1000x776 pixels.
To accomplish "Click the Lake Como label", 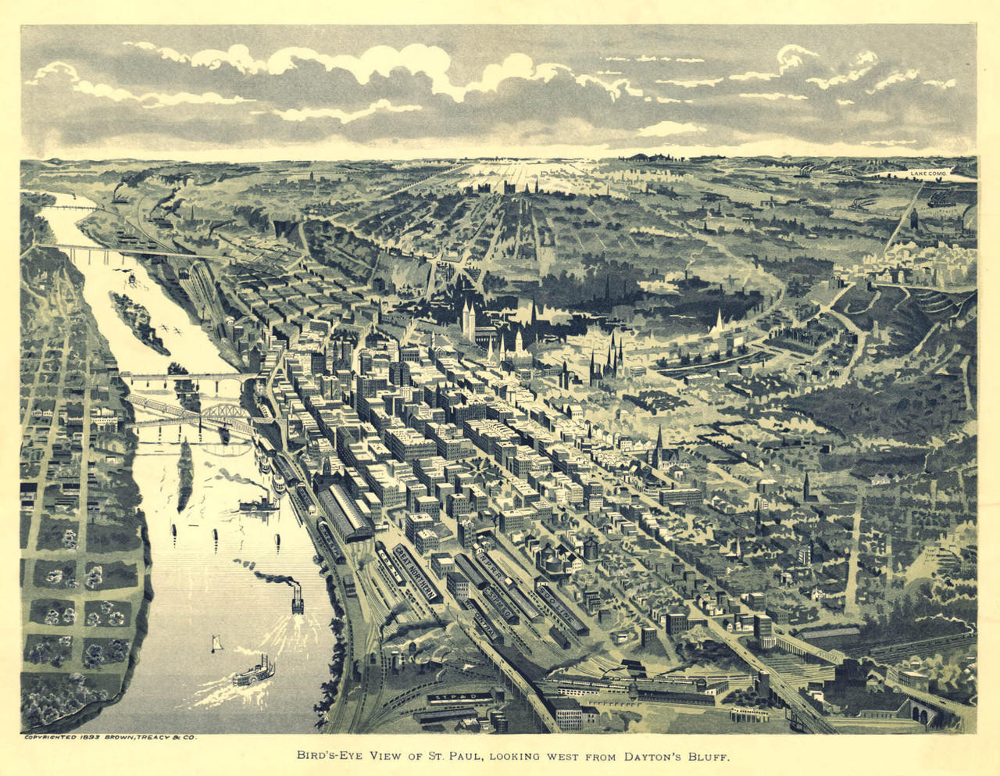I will tap(928, 172).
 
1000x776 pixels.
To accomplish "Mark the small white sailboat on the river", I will tap(216, 643).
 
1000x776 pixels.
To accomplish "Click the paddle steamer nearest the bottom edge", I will tap(254, 673).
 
